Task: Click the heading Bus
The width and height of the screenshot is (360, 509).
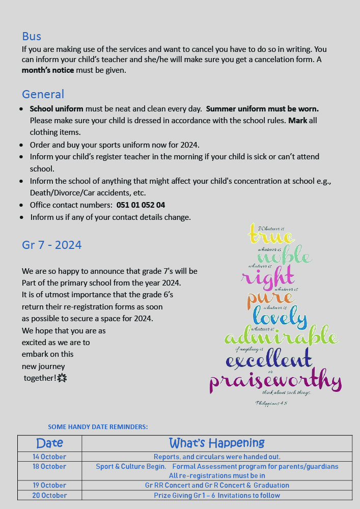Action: [32, 36]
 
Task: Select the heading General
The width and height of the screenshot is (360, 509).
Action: [43, 94]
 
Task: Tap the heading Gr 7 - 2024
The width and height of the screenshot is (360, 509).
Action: [51, 245]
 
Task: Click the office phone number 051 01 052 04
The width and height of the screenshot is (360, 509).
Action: [141, 205]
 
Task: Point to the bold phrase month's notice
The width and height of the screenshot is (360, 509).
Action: [48, 70]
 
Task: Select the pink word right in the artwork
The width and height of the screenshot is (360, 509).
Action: [267, 277]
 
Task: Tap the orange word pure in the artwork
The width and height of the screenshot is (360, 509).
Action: [270, 298]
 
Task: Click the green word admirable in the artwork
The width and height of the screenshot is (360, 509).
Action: [281, 337]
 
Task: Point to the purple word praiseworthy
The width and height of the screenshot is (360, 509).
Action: [275, 381]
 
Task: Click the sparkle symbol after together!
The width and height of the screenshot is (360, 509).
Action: [62, 378]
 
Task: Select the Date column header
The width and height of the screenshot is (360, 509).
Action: [49, 443]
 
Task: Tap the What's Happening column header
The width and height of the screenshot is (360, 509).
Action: [216, 443]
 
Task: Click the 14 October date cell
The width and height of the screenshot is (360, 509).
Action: [49, 457]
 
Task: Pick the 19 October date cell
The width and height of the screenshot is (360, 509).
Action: [49, 485]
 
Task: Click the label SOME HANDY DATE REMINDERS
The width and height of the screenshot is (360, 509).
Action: [98, 427]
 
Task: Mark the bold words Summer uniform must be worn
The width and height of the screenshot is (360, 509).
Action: [262, 109]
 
